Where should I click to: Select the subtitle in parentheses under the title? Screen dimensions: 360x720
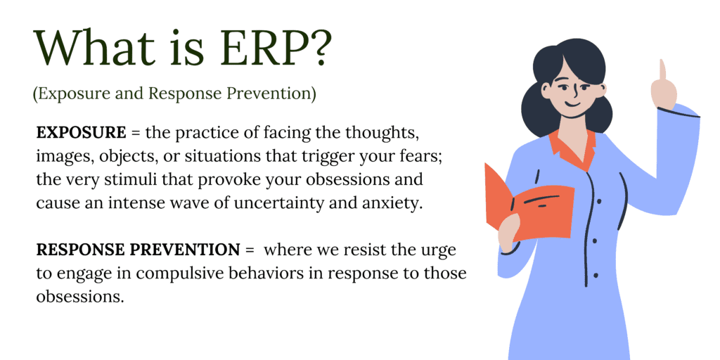[x=174, y=94]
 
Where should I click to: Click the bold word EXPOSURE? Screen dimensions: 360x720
[x=82, y=132]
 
